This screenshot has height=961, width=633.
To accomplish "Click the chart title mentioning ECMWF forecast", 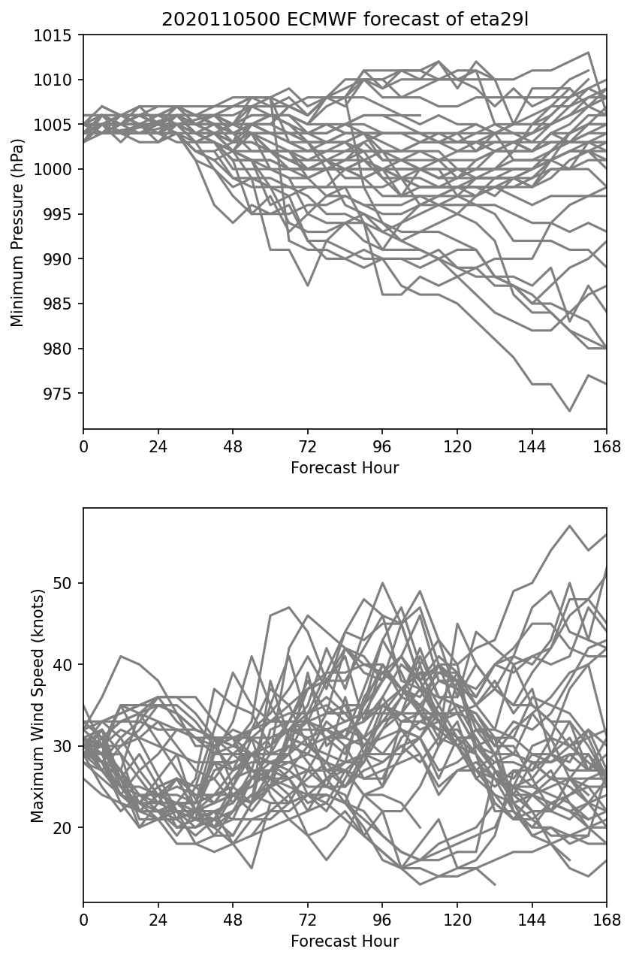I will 345,20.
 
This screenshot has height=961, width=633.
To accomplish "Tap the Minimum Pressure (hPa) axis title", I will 17,232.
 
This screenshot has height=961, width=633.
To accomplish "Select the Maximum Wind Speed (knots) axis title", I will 38,706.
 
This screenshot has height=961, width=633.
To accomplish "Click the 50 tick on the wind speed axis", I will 69,583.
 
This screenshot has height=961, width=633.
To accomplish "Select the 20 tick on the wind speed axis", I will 69,828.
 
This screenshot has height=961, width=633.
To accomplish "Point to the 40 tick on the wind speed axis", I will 69,665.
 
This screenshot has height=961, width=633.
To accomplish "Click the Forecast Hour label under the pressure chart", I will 345,468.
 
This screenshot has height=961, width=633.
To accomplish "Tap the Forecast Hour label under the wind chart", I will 345,941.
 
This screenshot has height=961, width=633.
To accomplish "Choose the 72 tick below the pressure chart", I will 307,446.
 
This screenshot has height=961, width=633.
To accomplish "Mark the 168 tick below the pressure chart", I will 607,446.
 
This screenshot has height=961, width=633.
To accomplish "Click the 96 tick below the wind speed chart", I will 382,919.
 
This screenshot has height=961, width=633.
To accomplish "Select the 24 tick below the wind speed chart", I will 158,919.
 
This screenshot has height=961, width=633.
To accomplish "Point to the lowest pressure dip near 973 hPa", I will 570,411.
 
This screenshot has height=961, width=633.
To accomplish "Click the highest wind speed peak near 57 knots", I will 570,526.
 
